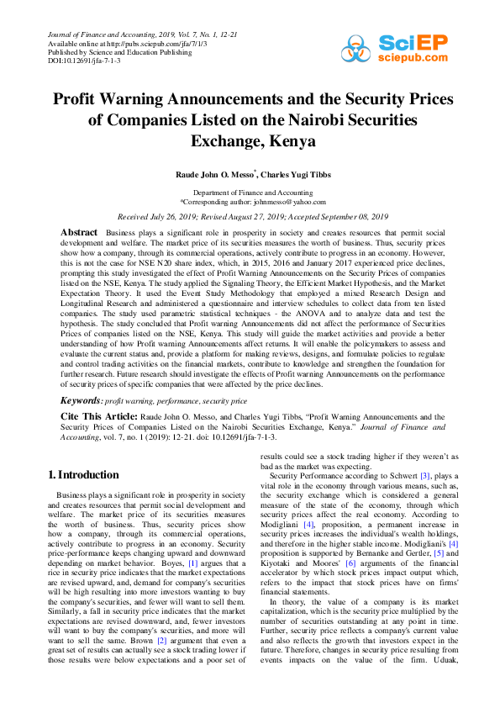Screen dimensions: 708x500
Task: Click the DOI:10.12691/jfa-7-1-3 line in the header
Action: click(x=84, y=61)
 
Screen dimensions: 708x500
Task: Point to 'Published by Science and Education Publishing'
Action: click(x=119, y=51)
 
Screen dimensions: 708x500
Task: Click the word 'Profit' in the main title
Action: click(x=82, y=99)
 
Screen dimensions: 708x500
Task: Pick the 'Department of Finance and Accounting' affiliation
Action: click(x=250, y=193)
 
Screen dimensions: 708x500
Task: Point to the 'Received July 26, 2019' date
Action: click(x=161, y=216)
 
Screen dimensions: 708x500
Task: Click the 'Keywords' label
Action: click(x=81, y=401)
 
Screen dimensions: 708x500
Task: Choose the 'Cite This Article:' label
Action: click(x=95, y=416)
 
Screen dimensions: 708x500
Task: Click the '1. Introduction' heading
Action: click(x=83, y=475)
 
